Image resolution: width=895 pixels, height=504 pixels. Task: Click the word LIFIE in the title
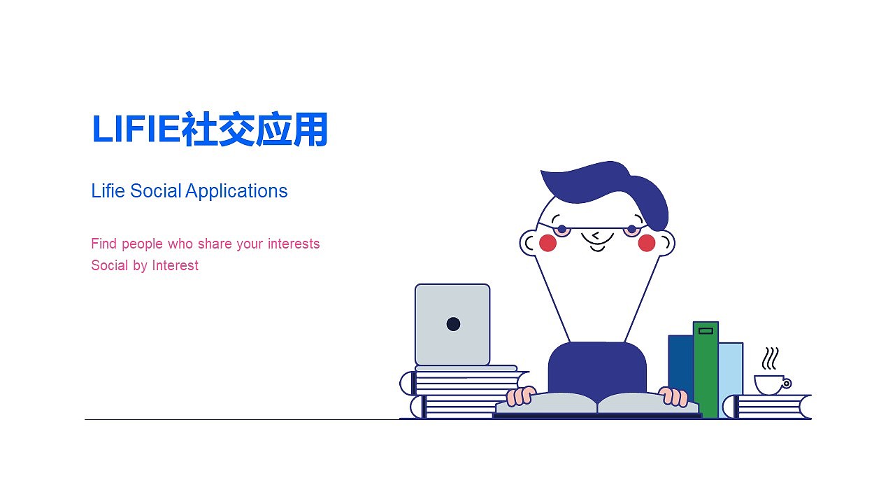[136, 130]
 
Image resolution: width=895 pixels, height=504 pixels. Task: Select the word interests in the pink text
[292, 244]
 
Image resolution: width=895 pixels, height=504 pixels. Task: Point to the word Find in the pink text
[103, 244]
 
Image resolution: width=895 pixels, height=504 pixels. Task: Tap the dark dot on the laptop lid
[453, 324]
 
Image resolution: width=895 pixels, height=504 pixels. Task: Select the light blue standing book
[731, 378]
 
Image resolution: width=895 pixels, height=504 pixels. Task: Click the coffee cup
[769, 384]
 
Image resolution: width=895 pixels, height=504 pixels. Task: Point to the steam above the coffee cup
[770, 359]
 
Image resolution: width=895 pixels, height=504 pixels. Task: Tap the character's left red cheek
[547, 243]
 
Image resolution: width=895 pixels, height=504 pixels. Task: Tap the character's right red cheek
[647, 243]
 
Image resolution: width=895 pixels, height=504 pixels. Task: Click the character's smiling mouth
[597, 247]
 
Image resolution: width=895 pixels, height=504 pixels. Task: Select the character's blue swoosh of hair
[608, 185]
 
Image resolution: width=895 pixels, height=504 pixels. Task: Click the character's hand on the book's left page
[520, 397]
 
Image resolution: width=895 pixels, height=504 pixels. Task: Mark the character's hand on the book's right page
[674, 397]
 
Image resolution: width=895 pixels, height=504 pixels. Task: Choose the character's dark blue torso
[597, 367]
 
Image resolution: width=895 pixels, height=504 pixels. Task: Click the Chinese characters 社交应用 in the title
[255, 130]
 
